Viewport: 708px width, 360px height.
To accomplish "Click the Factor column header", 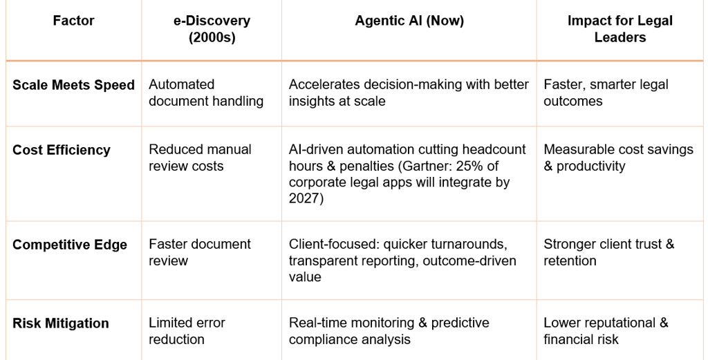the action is (x=73, y=21).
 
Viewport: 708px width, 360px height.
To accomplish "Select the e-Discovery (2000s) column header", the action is (x=212, y=29).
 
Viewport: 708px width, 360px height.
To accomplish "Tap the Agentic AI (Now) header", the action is (x=409, y=21).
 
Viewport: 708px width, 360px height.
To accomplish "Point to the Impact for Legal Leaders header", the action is (x=619, y=29).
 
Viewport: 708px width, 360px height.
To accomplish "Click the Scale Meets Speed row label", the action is (x=73, y=85).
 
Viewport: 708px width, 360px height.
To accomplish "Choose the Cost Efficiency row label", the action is (x=62, y=150).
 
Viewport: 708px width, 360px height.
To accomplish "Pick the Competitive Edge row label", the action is (x=70, y=245).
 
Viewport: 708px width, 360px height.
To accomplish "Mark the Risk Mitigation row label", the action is (x=61, y=323).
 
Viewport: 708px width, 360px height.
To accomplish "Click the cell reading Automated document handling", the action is (x=206, y=93).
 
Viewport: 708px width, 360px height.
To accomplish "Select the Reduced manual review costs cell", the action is (x=201, y=158).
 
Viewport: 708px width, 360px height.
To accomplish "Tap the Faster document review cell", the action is (x=200, y=252).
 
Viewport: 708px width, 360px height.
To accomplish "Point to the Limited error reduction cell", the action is (x=187, y=331).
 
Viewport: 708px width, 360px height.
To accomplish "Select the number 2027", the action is (x=304, y=199).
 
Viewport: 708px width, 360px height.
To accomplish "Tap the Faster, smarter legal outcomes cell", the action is (x=606, y=93).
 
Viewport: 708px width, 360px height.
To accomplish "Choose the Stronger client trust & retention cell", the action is (x=608, y=252).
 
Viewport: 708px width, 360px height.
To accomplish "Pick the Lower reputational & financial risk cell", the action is (x=606, y=331).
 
